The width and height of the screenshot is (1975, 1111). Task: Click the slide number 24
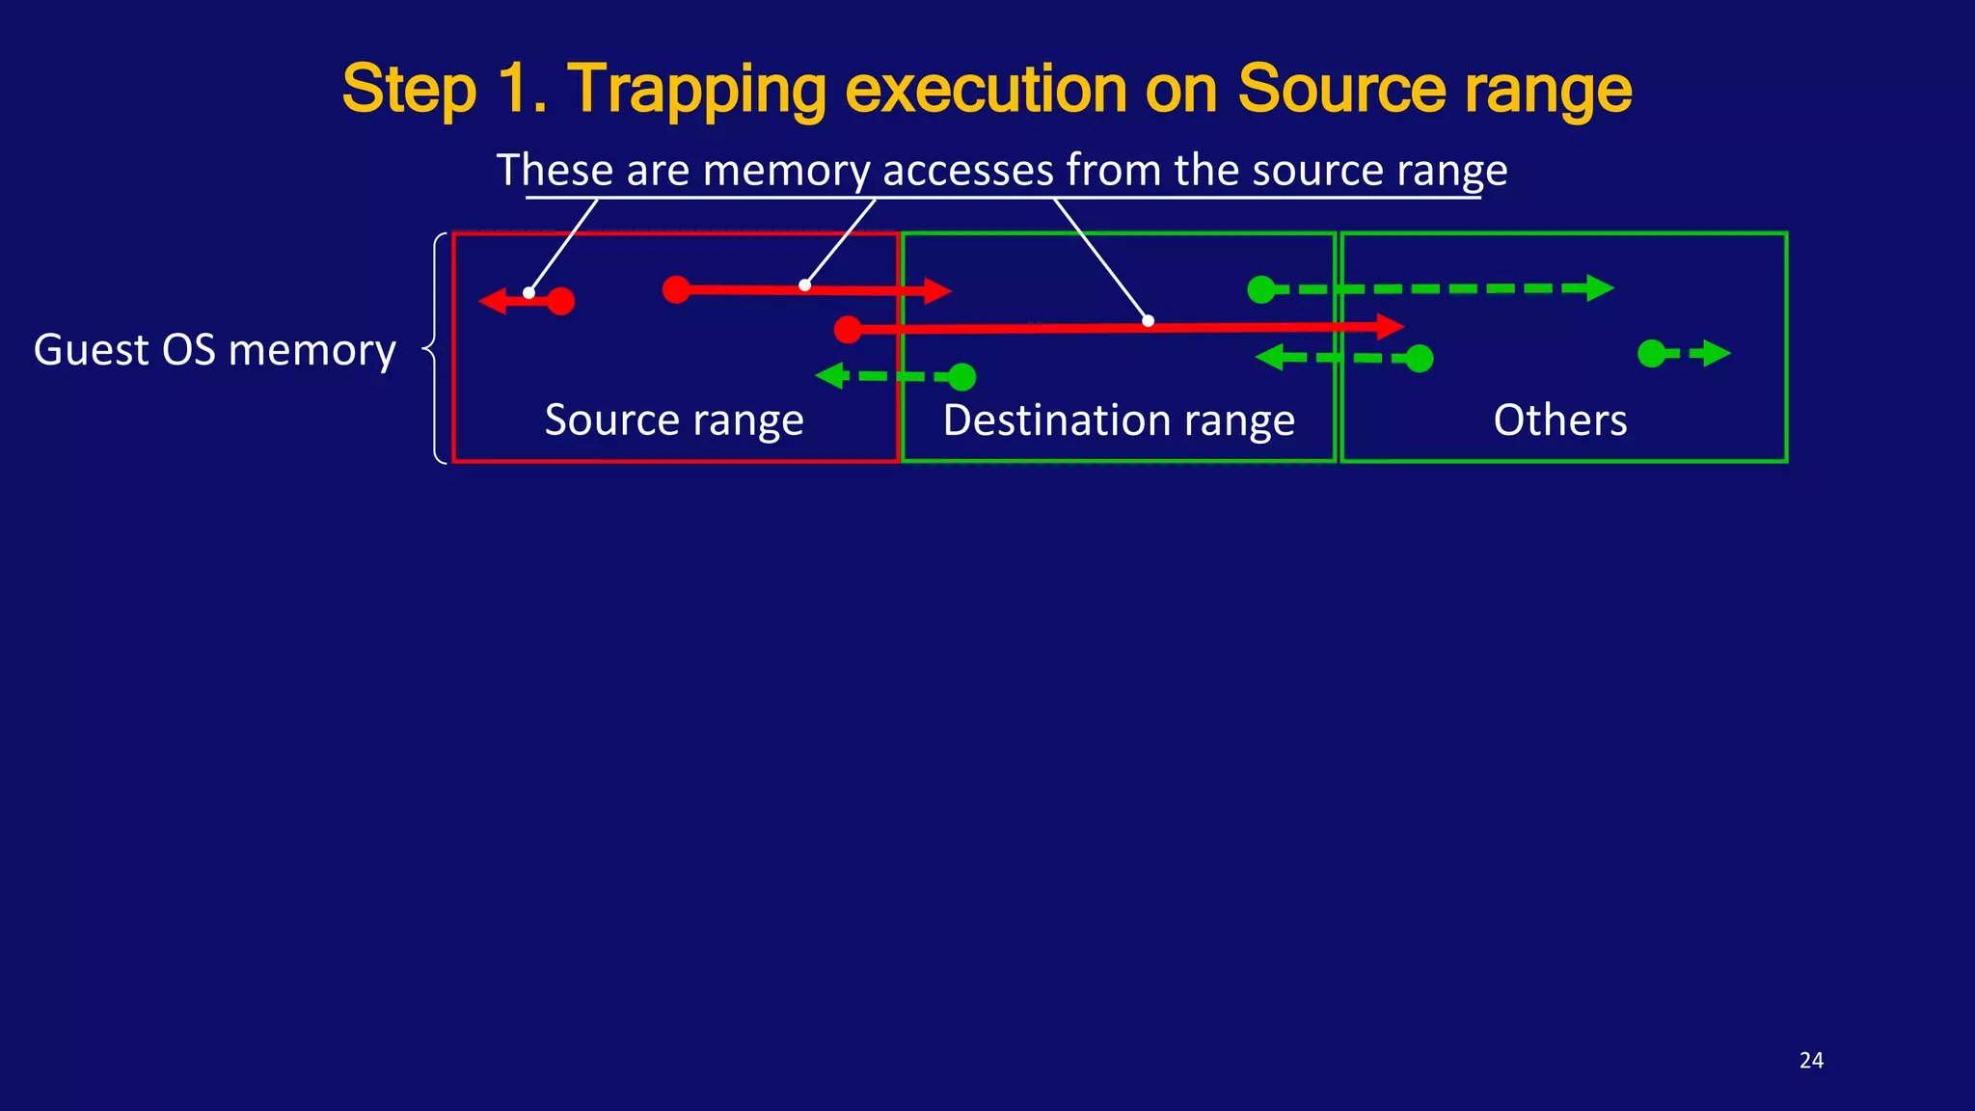click(1811, 1061)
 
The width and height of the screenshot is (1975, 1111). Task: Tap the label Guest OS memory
click(215, 349)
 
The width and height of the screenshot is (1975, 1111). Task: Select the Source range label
click(674, 420)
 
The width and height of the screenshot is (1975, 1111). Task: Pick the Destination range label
click(1119, 420)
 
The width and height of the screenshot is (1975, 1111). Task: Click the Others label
click(1560, 420)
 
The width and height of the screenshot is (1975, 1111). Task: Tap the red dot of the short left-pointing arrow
click(560, 302)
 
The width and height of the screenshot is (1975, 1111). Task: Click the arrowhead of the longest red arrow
click(1390, 327)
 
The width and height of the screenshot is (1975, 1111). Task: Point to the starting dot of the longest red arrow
click(848, 330)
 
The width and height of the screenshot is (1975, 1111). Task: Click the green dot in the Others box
click(1651, 354)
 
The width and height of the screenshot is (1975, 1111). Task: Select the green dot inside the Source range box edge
click(961, 377)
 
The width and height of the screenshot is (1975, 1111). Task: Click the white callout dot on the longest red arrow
click(1148, 321)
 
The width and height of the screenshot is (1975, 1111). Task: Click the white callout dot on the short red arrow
click(528, 293)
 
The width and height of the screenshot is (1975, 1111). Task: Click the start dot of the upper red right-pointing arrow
click(676, 289)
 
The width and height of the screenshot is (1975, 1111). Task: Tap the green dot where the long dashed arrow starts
click(1261, 289)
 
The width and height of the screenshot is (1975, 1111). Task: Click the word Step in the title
click(410, 89)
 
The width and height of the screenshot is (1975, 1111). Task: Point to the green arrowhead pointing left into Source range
click(829, 375)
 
